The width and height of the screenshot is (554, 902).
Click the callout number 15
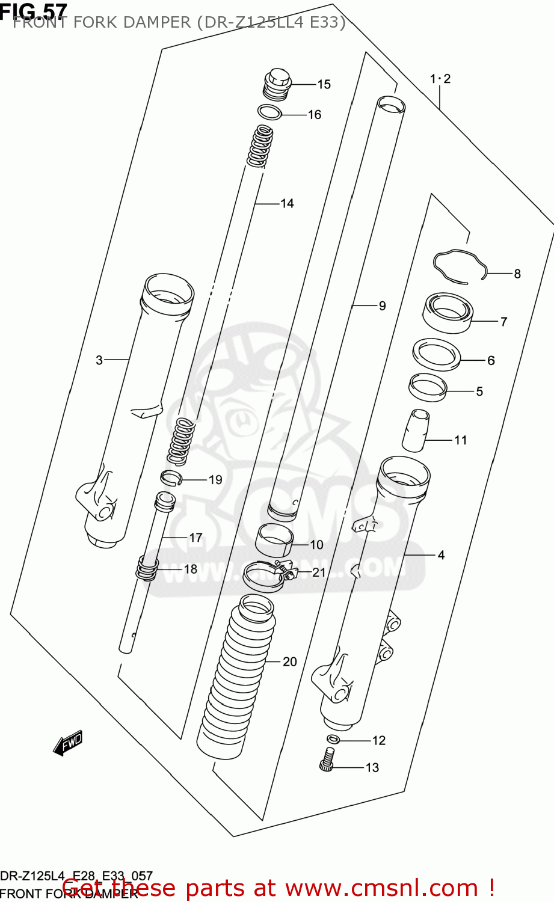324,85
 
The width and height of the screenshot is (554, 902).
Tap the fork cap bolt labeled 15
277,84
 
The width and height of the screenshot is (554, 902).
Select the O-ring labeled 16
269,112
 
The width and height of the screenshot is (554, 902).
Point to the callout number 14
287,204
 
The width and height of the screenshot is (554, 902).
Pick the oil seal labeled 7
448,313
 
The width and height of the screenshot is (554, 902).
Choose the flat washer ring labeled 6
436,355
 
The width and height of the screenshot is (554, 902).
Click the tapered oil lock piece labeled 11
416,431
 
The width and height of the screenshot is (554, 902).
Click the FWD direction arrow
67,743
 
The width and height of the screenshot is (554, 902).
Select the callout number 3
99,360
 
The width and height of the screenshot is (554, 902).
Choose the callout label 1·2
440,79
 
